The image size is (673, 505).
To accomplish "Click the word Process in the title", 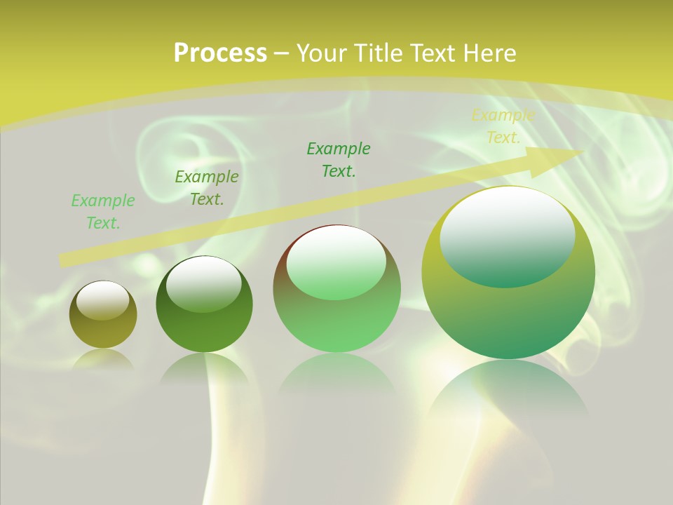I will click(220, 53).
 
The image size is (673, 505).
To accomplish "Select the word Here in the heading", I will click(489, 53).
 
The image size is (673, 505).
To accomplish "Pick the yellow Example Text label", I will click(503, 126).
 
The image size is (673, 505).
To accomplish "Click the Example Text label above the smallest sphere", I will click(103, 212).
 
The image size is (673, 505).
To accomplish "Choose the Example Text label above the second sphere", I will click(207, 188).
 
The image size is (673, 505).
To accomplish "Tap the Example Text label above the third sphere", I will click(339, 160).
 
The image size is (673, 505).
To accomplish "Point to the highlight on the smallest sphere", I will click(102, 300).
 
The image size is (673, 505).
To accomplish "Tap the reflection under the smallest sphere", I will click(103, 358).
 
